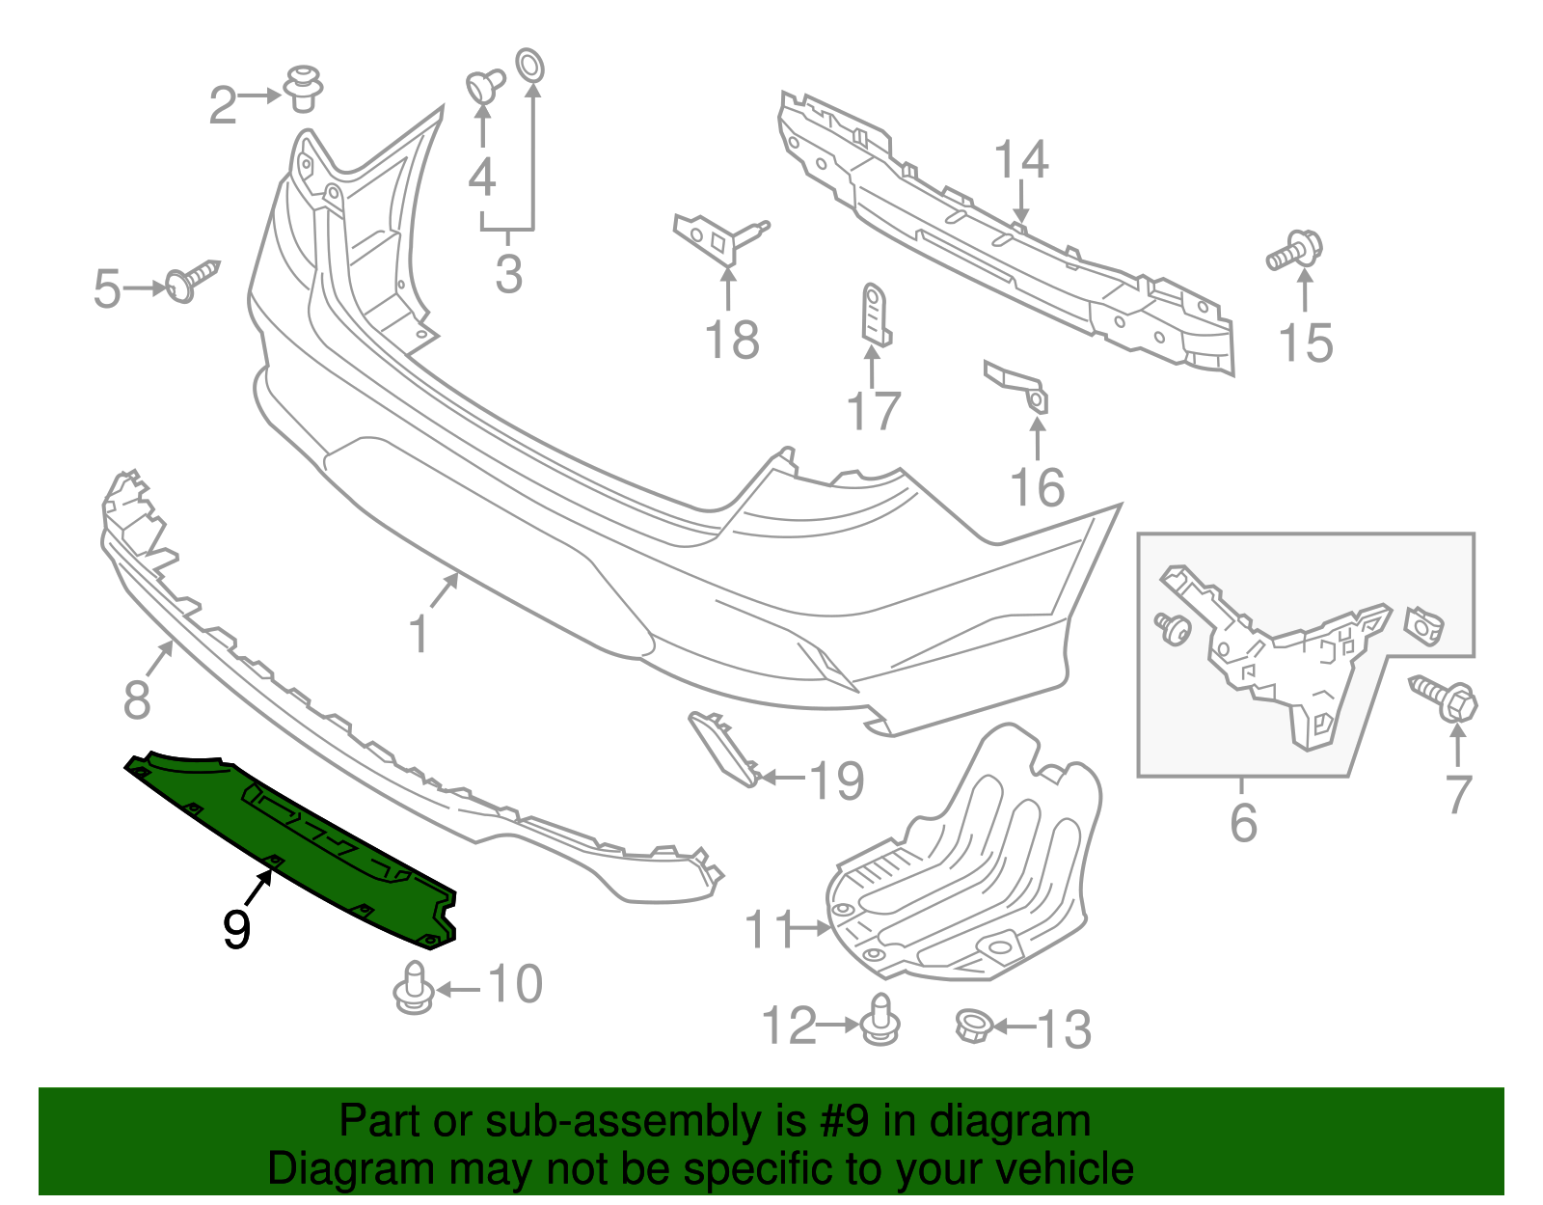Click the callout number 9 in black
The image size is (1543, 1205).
coord(236,929)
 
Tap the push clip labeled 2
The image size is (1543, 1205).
coord(303,89)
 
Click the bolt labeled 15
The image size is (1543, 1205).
coord(1295,250)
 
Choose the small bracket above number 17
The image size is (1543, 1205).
coord(876,313)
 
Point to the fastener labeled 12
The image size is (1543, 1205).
coord(880,1020)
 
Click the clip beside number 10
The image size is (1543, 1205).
coord(414,988)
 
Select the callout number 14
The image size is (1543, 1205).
coord(1020,160)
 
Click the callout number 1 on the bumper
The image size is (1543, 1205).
coord(419,634)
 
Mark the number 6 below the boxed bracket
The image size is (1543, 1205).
coord(1243,822)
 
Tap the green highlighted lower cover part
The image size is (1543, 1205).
coord(289,839)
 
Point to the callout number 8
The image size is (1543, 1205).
coord(136,698)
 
